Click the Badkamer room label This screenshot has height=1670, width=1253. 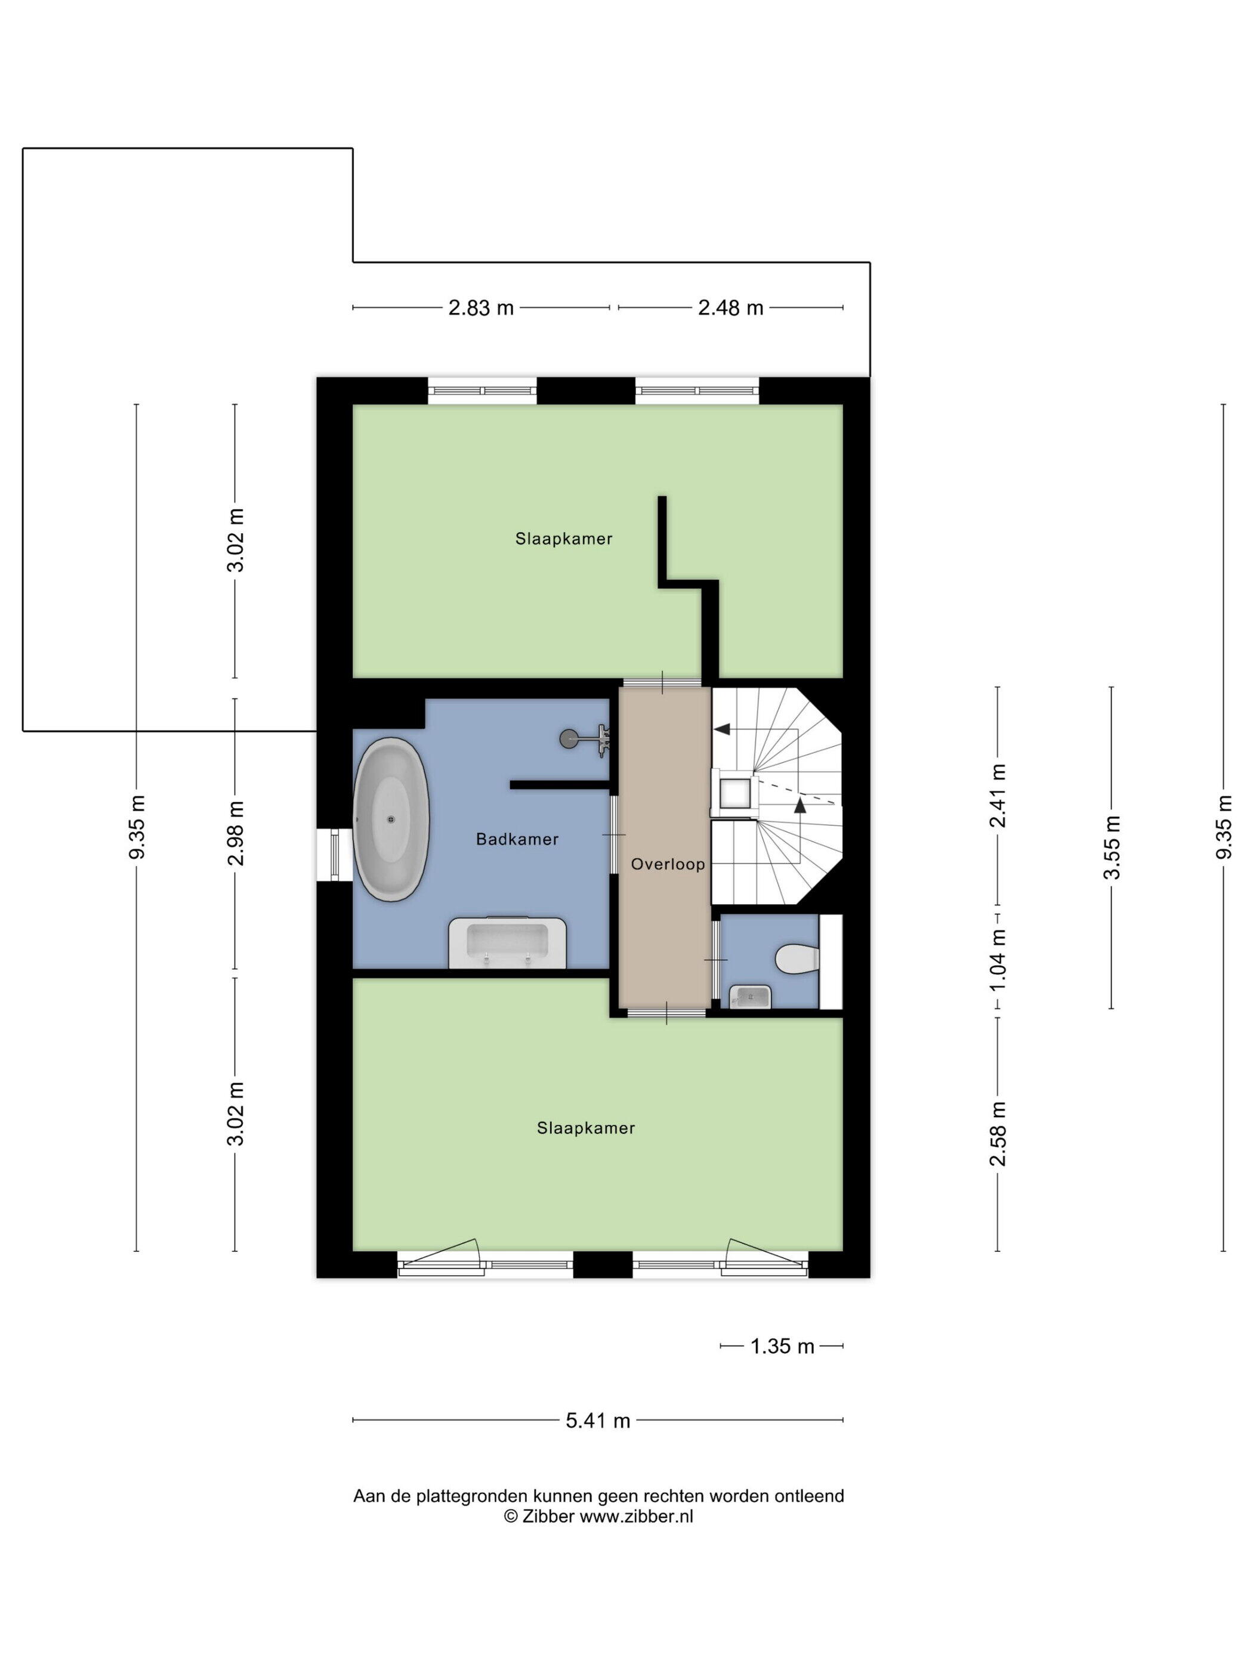point(517,839)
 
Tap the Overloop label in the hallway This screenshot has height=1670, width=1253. point(668,864)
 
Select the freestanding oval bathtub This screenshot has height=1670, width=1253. point(391,820)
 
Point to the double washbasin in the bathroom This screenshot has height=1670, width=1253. point(507,942)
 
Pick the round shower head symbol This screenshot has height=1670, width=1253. point(568,738)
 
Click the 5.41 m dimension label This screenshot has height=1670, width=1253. point(597,1421)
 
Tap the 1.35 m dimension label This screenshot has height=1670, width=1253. point(782,1346)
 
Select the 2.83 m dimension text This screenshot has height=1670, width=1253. point(481,308)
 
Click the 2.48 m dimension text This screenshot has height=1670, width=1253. point(730,308)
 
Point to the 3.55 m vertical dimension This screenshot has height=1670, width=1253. point(1111,847)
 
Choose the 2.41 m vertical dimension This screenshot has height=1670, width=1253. point(998,796)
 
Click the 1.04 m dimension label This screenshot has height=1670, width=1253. point(998,960)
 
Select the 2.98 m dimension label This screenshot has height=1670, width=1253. point(236,833)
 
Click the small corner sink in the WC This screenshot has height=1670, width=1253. point(750,997)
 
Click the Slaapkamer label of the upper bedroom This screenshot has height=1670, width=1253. point(563,539)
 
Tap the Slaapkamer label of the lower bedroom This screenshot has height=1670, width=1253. point(585,1128)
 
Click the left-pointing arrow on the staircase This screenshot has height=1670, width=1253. point(721,729)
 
